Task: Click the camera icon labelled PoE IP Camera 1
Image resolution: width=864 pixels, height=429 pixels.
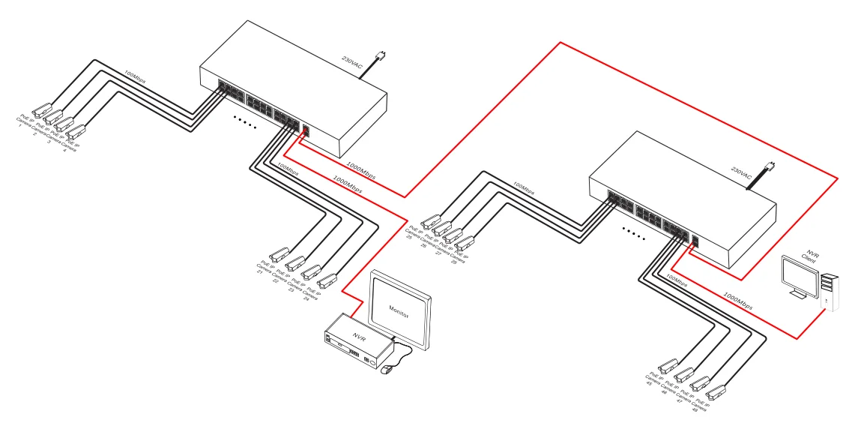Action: tap(40, 108)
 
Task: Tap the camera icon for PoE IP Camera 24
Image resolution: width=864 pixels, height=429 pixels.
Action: tap(327, 281)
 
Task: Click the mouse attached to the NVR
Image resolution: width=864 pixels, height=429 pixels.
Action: tap(387, 370)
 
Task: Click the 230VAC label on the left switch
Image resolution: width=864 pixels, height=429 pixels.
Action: tap(352, 63)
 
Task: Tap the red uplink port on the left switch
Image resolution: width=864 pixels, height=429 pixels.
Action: tap(306, 130)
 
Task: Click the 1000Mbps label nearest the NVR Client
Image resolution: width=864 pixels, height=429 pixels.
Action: tap(738, 298)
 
